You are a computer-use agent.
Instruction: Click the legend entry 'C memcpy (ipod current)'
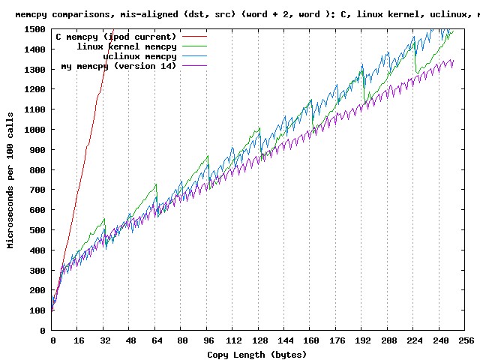click(x=115, y=37)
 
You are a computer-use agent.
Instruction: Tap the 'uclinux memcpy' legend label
click(x=139, y=56)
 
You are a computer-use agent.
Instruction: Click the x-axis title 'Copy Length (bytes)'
click(x=257, y=354)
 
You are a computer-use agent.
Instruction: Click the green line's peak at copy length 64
click(x=155, y=184)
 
